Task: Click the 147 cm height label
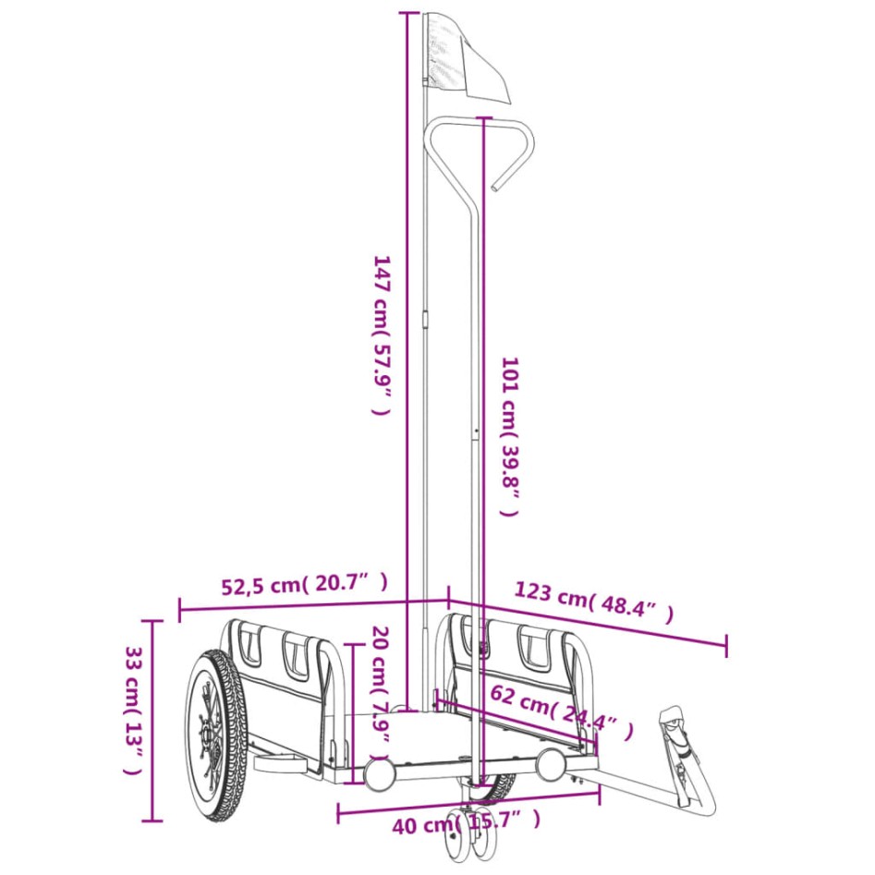[382, 334]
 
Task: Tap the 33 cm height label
[133, 721]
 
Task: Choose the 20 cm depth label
[379, 684]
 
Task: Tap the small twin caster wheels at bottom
[471, 836]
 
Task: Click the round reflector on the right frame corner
[552, 762]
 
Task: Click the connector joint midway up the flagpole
[425, 320]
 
